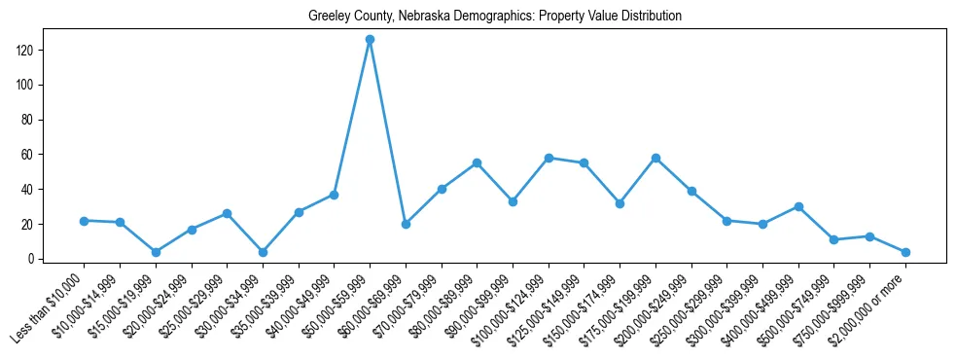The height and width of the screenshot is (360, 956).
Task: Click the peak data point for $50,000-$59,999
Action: click(370, 40)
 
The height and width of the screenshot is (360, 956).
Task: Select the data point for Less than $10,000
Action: click(84, 221)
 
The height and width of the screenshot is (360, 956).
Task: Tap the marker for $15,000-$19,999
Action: click(156, 252)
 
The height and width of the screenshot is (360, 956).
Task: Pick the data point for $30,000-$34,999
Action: click(263, 252)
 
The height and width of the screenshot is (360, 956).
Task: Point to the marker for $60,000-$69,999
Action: click(406, 224)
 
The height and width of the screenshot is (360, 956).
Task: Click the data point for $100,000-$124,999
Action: click(549, 158)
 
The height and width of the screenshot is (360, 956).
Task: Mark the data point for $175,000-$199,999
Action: click(655, 158)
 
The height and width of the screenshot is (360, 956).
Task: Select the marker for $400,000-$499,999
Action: click(798, 206)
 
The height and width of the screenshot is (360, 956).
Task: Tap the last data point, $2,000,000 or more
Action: click(905, 252)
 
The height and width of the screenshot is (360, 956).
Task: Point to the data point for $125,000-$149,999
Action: click(584, 162)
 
